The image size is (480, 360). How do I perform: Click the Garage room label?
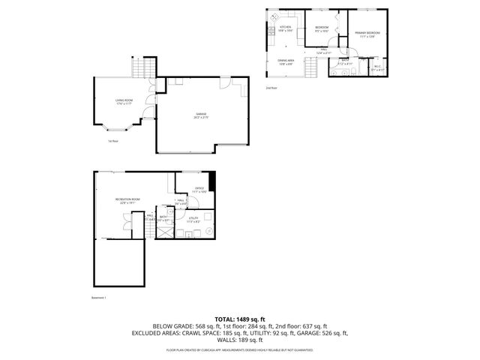pyautogui.click(x=200, y=115)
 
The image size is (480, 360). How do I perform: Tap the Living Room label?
pyautogui.click(x=124, y=101)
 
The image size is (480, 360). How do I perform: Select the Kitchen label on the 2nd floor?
pyautogui.click(x=286, y=28)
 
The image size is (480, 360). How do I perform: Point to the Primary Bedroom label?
pyautogui.click(x=367, y=34)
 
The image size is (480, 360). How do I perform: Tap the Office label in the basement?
pyautogui.click(x=199, y=190)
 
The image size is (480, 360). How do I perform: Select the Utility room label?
pyautogui.click(x=193, y=219)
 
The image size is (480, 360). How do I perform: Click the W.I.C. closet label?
pyautogui.click(x=377, y=67)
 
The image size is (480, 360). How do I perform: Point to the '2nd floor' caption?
pyautogui.click(x=271, y=88)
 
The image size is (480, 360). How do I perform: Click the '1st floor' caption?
pyautogui.click(x=113, y=140)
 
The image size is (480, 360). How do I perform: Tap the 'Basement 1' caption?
pyautogui.click(x=100, y=297)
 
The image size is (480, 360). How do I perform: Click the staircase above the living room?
pyautogui.click(x=142, y=69)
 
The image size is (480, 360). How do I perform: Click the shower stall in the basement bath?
pyautogui.click(x=162, y=232)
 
